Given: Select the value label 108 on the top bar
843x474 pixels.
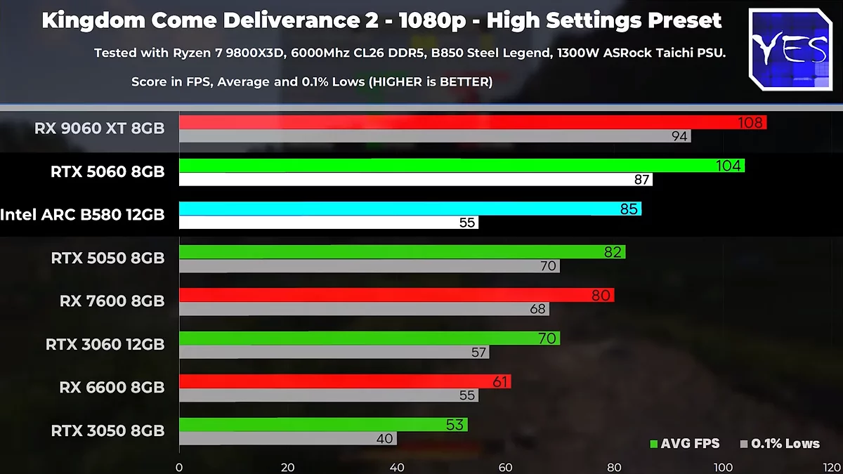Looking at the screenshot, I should pyautogui.click(x=750, y=123).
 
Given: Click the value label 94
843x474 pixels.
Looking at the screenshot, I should pyautogui.click(x=679, y=137).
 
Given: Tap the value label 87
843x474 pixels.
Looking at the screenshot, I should pyautogui.click(x=641, y=180).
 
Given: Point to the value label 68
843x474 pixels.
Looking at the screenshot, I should pyautogui.click(x=538, y=309).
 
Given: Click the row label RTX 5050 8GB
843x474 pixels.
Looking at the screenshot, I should pyautogui.click(x=107, y=258).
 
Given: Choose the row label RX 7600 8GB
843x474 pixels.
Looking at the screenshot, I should pyautogui.click(x=112, y=301).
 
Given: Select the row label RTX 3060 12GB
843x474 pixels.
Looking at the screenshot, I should pyautogui.click(x=105, y=344).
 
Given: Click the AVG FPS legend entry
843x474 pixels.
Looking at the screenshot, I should pyautogui.click(x=684, y=443).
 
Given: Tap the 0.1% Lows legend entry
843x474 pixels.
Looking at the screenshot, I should pyautogui.click(x=780, y=443).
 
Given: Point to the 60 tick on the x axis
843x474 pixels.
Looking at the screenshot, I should pyautogui.click(x=505, y=467).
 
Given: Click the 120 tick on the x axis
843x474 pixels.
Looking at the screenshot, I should pyautogui.click(x=831, y=467).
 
